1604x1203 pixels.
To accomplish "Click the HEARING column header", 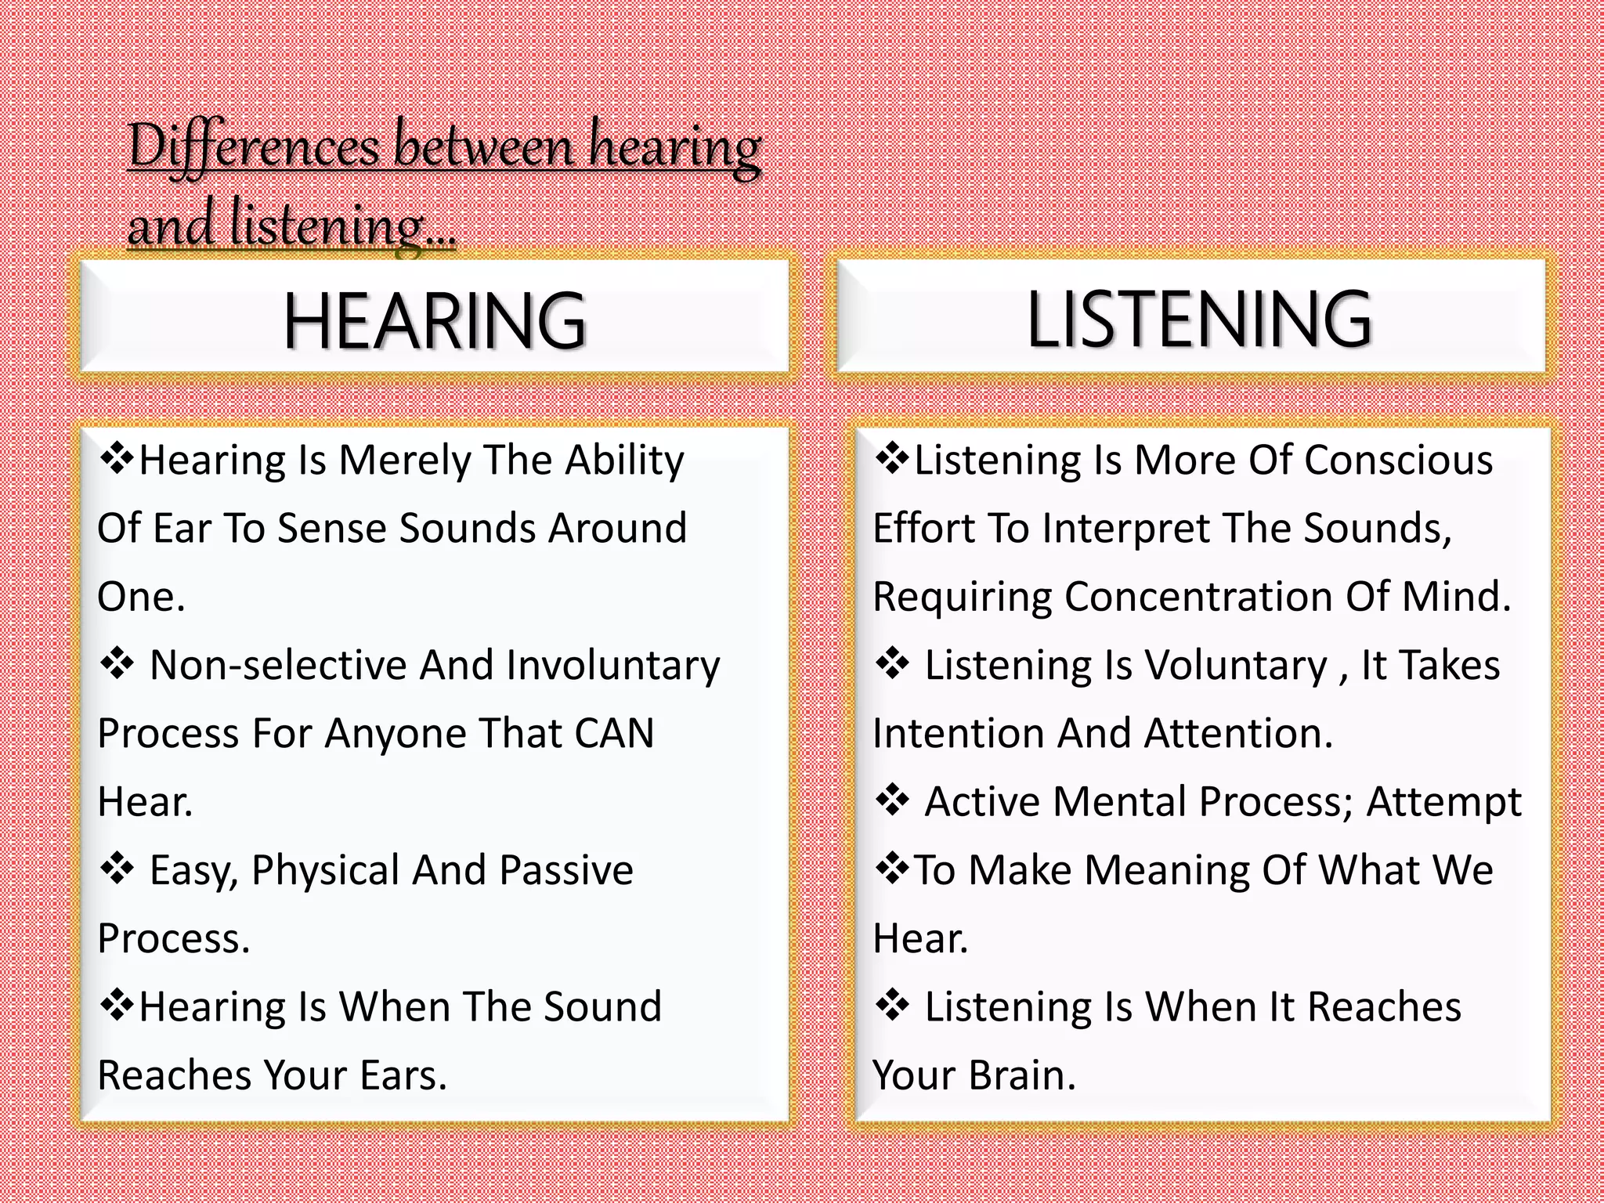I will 435,320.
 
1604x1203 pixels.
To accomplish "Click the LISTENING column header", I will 1198,318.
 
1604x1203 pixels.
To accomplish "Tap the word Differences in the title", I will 254,146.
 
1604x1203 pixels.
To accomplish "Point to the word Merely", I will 404,461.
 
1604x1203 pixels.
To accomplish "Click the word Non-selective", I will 278,666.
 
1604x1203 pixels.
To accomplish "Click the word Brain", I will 1021,1075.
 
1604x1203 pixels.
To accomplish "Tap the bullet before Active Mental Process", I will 892,801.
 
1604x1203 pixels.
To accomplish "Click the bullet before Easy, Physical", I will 117,869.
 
